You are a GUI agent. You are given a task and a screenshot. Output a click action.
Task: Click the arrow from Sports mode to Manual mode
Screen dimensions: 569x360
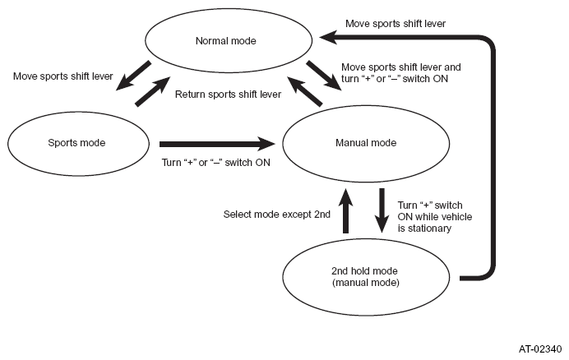[x=217, y=144]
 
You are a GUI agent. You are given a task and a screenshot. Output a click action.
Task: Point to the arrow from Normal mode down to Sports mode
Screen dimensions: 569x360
[x=133, y=76]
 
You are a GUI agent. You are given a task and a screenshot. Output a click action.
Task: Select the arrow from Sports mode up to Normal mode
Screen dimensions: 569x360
[x=152, y=91]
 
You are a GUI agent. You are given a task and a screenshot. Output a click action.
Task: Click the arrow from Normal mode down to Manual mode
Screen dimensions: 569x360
[x=324, y=76]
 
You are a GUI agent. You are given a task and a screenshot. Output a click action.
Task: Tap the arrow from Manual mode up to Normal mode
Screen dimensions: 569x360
[x=305, y=91]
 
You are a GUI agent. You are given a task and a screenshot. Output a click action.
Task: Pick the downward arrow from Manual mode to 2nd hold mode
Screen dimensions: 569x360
[x=382, y=210]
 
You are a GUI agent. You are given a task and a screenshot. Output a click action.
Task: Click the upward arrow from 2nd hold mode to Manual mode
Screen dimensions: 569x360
[x=345, y=211]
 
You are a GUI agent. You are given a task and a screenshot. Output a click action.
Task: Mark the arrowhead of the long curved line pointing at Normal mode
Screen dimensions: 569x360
[x=328, y=37]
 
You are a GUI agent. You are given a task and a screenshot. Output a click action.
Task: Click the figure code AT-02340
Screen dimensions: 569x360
[x=540, y=349]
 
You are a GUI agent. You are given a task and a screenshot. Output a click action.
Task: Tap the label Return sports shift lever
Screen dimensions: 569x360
[x=228, y=95]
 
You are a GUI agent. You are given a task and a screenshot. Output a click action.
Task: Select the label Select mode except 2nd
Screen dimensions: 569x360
[x=276, y=215]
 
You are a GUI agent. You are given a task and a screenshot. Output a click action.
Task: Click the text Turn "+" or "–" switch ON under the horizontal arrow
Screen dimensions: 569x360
[x=216, y=162]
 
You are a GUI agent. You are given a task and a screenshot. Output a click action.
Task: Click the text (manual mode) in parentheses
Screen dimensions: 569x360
[x=366, y=283]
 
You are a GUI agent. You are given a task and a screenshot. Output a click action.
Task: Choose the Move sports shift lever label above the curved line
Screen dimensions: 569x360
[x=396, y=24]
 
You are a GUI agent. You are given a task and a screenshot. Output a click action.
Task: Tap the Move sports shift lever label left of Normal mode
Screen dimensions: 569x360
[x=63, y=76]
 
